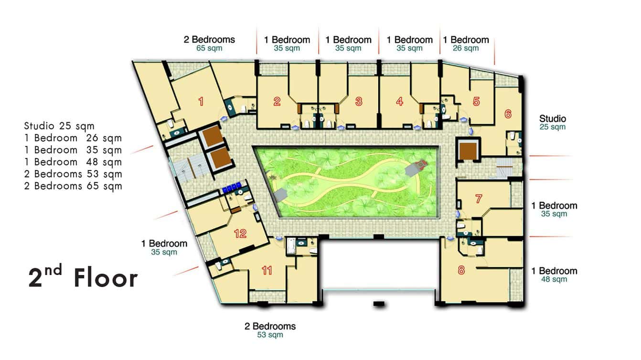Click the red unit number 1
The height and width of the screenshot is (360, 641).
click(x=201, y=101)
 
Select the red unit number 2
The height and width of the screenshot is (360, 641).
click(x=277, y=101)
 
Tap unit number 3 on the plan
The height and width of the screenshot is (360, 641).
click(x=359, y=101)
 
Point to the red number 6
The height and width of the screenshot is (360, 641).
click(x=507, y=114)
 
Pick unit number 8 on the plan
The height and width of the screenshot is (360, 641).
click(x=461, y=270)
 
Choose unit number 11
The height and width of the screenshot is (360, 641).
click(x=267, y=271)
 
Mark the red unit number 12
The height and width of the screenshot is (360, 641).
click(x=240, y=233)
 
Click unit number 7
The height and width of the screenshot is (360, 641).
click(x=479, y=200)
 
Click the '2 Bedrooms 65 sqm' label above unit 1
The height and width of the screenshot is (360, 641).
click(x=209, y=43)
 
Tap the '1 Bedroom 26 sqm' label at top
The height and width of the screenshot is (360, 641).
click(x=466, y=43)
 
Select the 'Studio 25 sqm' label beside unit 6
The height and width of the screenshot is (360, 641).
click(x=553, y=122)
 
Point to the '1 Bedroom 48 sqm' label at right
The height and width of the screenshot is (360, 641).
click(x=554, y=275)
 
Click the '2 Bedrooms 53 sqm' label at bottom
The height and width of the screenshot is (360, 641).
click(x=270, y=330)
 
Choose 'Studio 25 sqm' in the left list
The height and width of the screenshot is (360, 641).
click(x=59, y=127)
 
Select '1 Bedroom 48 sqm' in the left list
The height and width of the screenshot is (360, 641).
click(x=73, y=162)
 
